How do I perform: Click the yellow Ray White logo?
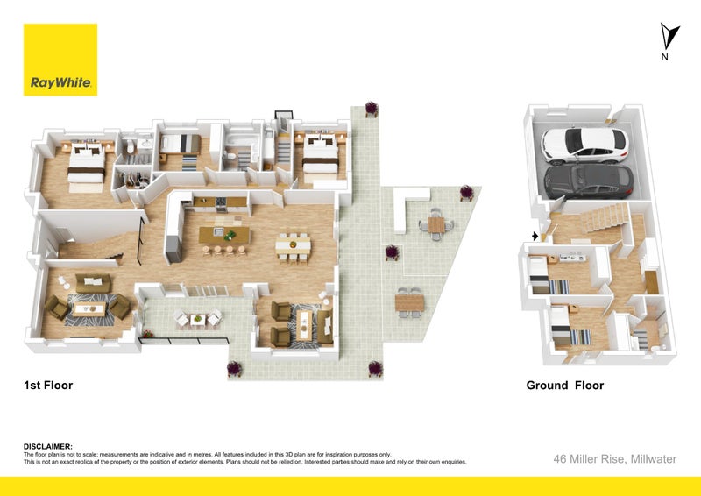(60, 60)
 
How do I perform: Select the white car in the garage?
(584, 145)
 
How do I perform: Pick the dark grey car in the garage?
(588, 181)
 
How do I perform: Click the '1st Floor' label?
(48, 385)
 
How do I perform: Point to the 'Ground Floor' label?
(565, 385)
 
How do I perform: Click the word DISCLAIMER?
(48, 446)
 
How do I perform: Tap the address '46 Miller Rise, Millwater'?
(615, 459)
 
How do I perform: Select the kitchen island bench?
(224, 235)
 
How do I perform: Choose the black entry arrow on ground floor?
(535, 236)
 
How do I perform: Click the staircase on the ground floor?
(605, 217)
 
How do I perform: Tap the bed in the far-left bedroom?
(86, 163)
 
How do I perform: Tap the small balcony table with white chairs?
(197, 319)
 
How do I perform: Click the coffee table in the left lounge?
(89, 308)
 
